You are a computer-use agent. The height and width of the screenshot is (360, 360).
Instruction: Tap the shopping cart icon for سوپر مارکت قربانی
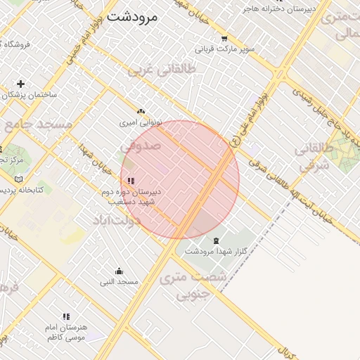(224, 39)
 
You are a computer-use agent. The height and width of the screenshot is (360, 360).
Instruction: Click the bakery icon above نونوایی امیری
(141, 111)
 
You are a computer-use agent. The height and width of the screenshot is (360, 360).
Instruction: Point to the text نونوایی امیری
(141, 122)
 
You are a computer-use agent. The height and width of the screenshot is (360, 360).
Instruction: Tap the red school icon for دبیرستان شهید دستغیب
(131, 181)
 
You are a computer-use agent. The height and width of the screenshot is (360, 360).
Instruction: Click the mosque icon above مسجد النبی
(118, 271)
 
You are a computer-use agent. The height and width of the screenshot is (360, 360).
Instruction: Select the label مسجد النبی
(118, 282)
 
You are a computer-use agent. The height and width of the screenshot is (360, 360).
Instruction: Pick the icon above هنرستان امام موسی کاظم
(66, 317)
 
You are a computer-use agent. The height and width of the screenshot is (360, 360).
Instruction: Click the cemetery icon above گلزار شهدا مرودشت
(215, 240)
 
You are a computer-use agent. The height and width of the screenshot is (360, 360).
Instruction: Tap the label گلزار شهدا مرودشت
(214, 251)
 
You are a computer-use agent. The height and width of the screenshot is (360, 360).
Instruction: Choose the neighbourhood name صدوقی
(141, 146)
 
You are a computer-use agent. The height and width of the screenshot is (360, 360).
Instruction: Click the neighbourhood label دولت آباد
(117, 220)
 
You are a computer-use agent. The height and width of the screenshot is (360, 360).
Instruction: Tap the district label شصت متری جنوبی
(194, 285)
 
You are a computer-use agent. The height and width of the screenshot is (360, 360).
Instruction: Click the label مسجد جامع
(39, 124)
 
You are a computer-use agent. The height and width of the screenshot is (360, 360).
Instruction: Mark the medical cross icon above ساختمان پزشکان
(21, 84)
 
